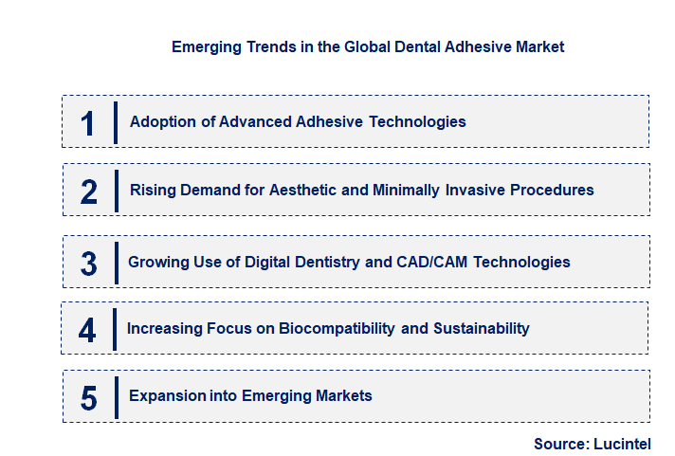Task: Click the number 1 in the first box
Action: pos(87,123)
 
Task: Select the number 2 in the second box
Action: pos(88,192)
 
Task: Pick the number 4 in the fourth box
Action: pos(87,330)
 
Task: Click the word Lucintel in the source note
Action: pos(622,444)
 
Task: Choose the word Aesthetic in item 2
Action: pos(305,190)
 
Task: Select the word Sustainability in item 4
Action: pos(481,328)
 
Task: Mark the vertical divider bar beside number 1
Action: pos(115,122)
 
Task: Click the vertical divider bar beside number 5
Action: pos(115,396)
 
